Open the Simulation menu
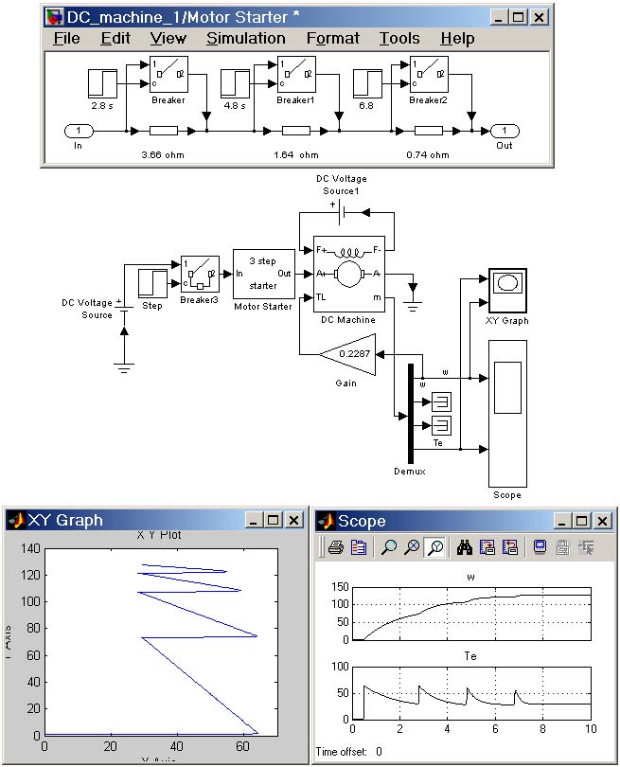click(245, 39)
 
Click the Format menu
click(332, 39)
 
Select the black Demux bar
click(411, 413)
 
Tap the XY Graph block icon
click(507, 289)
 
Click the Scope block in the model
click(507, 413)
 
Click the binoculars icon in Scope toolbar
click(464, 546)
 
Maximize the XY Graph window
click(273, 520)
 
